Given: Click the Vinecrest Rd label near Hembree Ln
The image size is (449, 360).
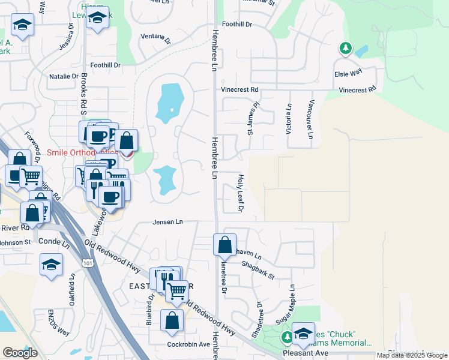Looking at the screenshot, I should pos(240,89).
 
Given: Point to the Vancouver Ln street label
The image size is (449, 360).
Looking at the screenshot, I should pos(311,119).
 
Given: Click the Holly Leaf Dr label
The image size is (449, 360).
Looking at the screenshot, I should pos(240,193).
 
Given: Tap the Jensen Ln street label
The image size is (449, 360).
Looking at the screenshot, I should pos(167,222).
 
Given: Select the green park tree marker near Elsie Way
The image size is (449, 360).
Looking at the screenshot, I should pos(346,48).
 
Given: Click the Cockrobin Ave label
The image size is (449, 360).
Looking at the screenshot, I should pos(188,344).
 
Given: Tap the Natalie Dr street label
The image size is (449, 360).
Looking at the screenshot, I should pos(64,76).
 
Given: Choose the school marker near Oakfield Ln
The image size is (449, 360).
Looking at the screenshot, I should pos(52,264).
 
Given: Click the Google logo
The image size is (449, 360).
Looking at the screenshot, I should pos(20,353).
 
